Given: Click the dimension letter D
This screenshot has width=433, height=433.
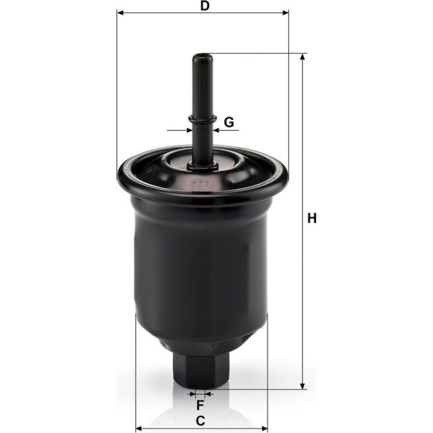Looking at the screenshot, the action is (x=205, y=6).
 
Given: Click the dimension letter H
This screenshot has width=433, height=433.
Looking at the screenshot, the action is (x=312, y=218).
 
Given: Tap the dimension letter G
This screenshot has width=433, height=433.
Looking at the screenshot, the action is (x=229, y=122).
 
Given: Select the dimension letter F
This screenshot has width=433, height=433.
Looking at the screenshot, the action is (x=200, y=405).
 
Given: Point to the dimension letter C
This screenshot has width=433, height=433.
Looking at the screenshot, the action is (x=201, y=421).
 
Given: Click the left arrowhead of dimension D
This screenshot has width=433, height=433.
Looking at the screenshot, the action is (x=120, y=13).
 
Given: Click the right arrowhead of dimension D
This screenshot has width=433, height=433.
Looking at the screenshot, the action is (x=285, y=13).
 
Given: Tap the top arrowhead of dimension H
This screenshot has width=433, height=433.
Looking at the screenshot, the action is (x=303, y=57).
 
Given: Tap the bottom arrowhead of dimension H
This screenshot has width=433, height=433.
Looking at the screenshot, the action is (x=303, y=386).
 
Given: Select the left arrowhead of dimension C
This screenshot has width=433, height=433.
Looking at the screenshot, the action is (x=139, y=429).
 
